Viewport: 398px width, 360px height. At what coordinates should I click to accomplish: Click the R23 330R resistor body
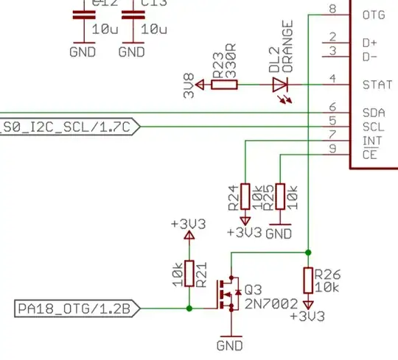pos(224,85)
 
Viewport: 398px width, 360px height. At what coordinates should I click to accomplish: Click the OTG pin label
pos(374,14)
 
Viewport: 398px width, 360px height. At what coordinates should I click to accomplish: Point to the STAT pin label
pos(377,85)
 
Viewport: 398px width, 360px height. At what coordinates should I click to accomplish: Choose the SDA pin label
pos(374,113)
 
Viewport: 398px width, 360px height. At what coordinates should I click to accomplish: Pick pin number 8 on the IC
pos(334,9)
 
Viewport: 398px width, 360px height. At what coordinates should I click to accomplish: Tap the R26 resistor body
pos(308,280)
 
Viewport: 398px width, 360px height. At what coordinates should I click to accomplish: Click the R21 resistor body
pos(189,273)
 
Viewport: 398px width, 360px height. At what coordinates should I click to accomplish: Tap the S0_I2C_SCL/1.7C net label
pos(70,127)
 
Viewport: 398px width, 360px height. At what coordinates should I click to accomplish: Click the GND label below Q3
pos(231,345)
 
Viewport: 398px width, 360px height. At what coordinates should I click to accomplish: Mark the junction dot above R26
pos(308,252)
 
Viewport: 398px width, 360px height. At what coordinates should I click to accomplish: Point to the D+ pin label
pos(371,43)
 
